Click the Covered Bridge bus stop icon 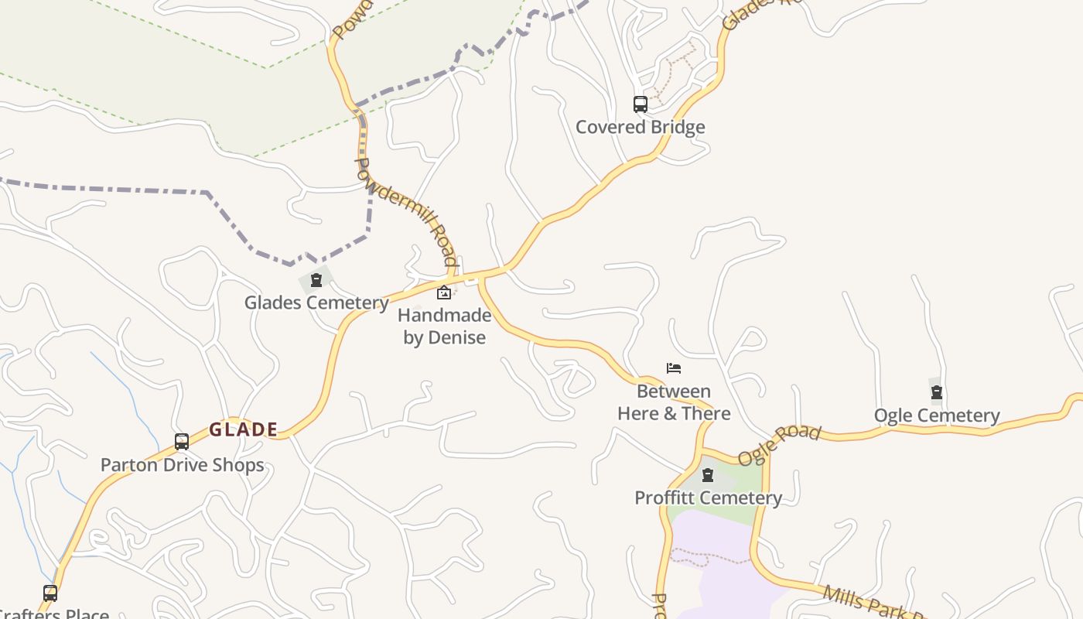pyautogui.click(x=641, y=104)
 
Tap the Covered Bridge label pyautogui.click(x=641, y=127)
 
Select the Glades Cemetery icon pyautogui.click(x=316, y=279)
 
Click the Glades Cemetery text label pyautogui.click(x=316, y=303)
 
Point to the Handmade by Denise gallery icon pyautogui.click(x=444, y=292)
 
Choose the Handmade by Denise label pyautogui.click(x=445, y=327)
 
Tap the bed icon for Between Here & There pyautogui.click(x=674, y=368)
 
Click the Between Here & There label pyautogui.click(x=674, y=402)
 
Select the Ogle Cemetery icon pyautogui.click(x=937, y=392)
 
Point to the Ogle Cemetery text pyautogui.click(x=937, y=416)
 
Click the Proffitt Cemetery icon pyautogui.click(x=708, y=474)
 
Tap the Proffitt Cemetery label pyautogui.click(x=708, y=498)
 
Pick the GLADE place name pyautogui.click(x=244, y=429)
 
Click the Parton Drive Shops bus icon pyautogui.click(x=182, y=442)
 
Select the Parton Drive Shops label pyautogui.click(x=183, y=465)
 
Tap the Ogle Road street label pyautogui.click(x=778, y=445)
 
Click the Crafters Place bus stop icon pyautogui.click(x=50, y=593)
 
